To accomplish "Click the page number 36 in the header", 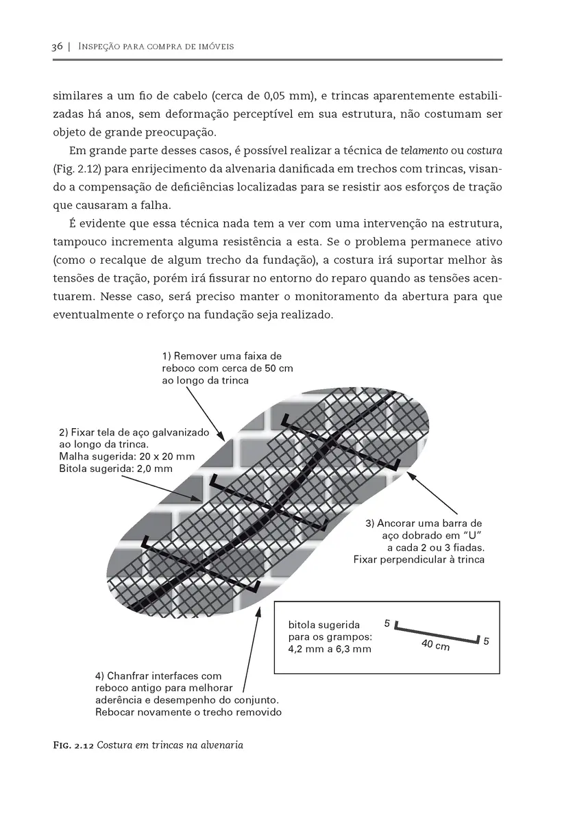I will click(57, 47).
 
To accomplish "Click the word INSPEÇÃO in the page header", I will click(104, 47).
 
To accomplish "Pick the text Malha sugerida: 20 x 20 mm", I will click(127, 456).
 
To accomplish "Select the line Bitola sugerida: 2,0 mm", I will click(116, 468).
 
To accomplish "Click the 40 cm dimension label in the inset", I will click(435, 646).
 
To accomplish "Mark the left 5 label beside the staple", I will click(387, 624).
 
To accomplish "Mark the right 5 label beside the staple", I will click(485, 642).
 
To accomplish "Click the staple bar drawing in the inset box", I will click(436, 634).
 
